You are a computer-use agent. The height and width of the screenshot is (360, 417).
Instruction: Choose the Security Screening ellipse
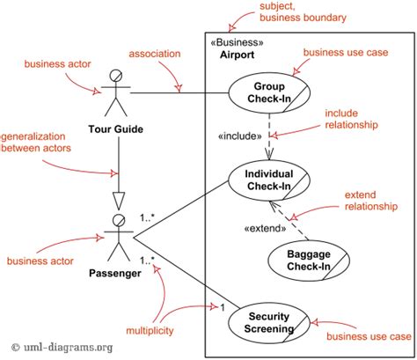[269, 322]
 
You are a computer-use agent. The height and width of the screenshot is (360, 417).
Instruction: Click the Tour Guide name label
[117, 130]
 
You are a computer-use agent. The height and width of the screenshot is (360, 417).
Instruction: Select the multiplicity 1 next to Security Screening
[223, 306]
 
